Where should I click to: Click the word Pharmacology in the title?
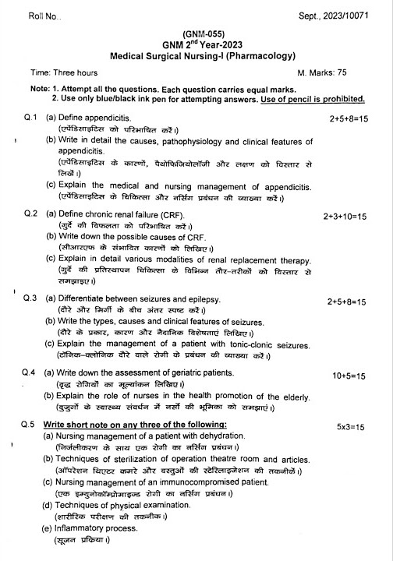click(x=253, y=55)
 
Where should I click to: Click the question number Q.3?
click(x=31, y=299)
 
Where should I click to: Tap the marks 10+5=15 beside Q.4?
click(x=349, y=376)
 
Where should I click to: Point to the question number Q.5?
click(x=31, y=425)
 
